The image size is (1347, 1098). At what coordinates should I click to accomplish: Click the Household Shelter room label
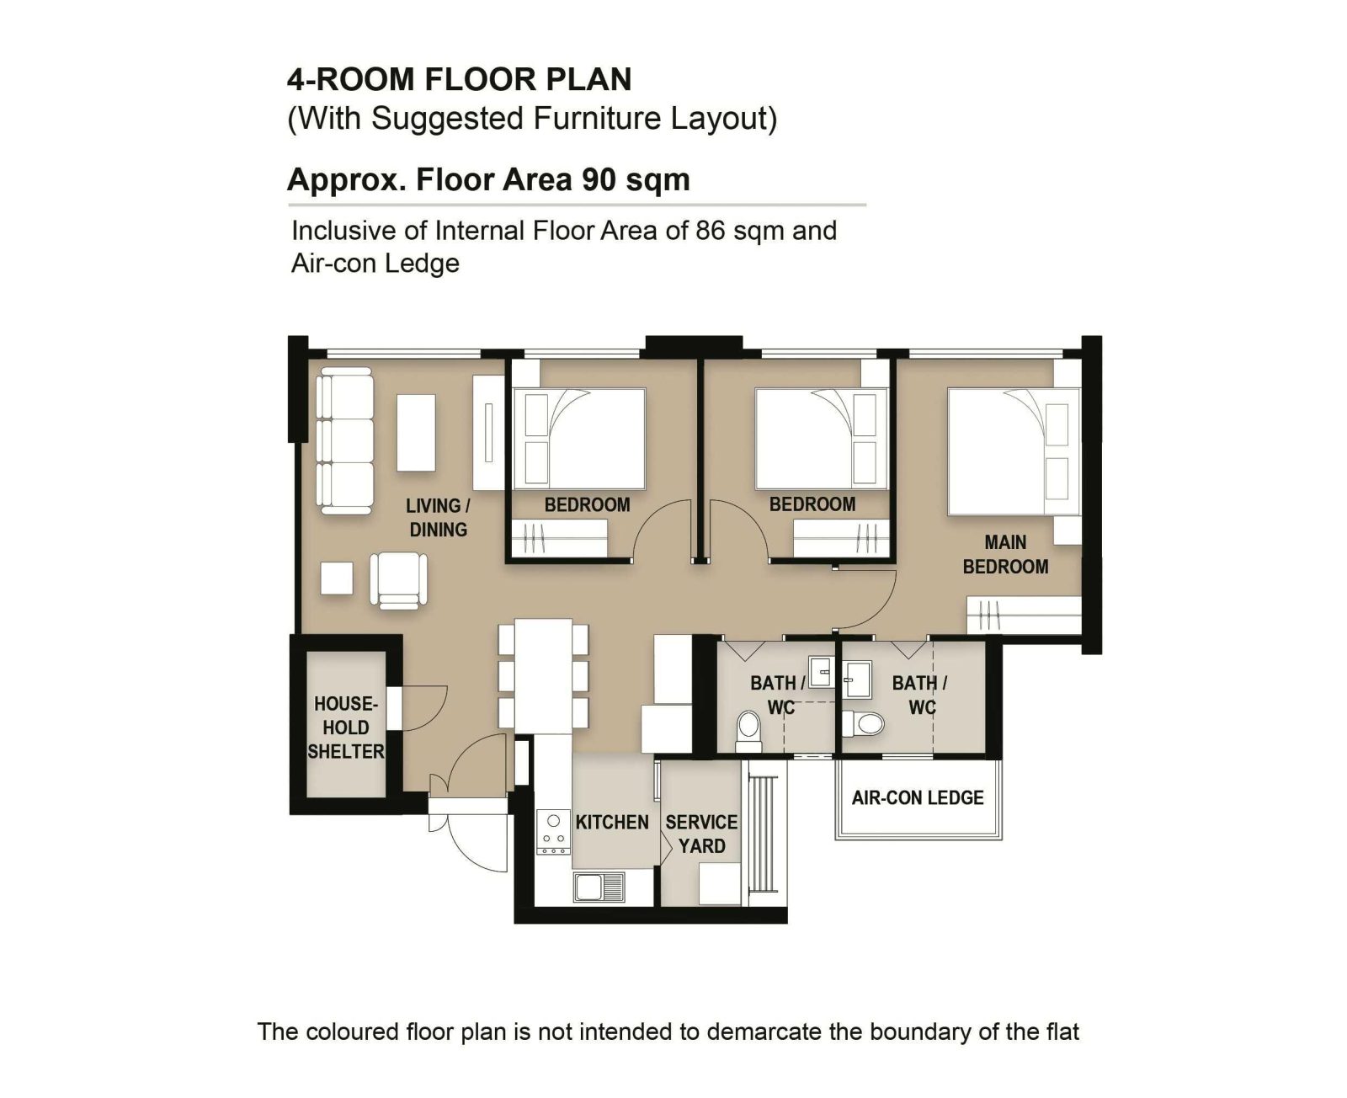(346, 728)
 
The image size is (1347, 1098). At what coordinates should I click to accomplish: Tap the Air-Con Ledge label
(918, 798)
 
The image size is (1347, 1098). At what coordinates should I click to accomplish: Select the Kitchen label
(612, 822)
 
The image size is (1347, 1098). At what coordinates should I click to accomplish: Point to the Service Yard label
(701, 834)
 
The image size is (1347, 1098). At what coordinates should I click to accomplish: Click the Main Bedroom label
(1005, 555)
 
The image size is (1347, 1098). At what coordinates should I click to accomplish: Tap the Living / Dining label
(438, 518)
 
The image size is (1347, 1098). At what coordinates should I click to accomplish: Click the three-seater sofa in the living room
(344, 441)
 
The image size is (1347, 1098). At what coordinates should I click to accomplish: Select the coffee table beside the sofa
(416, 433)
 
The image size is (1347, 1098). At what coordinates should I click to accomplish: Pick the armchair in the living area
(398, 581)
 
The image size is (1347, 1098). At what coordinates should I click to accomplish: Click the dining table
(543, 676)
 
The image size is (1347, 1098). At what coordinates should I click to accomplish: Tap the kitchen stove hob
(554, 833)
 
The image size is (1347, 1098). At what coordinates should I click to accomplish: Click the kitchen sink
(599, 886)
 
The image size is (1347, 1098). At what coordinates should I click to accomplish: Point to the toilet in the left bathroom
(748, 731)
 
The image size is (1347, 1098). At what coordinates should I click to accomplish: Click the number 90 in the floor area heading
(599, 179)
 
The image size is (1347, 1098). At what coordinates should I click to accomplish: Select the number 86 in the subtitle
(711, 231)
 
